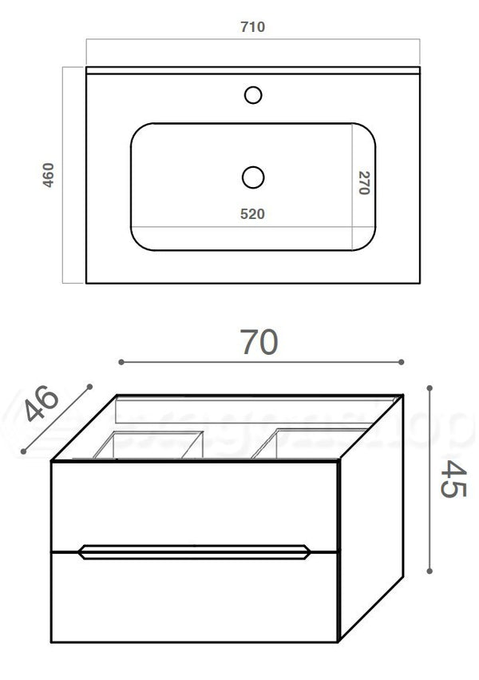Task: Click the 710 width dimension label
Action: pyautogui.click(x=252, y=27)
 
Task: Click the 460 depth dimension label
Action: pyautogui.click(x=48, y=175)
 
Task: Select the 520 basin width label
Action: pyautogui.click(x=252, y=213)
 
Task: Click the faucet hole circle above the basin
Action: pyautogui.click(x=253, y=96)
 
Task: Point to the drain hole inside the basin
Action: pyautogui.click(x=252, y=176)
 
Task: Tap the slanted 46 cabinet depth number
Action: pyautogui.click(x=42, y=405)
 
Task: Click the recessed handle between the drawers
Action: pyautogui.click(x=195, y=551)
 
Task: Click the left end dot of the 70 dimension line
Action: pyautogui.click(x=121, y=362)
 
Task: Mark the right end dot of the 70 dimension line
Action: pyautogui.click(x=402, y=362)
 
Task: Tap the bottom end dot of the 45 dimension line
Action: pyautogui.click(x=430, y=571)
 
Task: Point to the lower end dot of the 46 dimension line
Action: pyautogui.click(x=25, y=451)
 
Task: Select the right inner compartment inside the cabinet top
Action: pyautogui.click(x=307, y=443)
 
